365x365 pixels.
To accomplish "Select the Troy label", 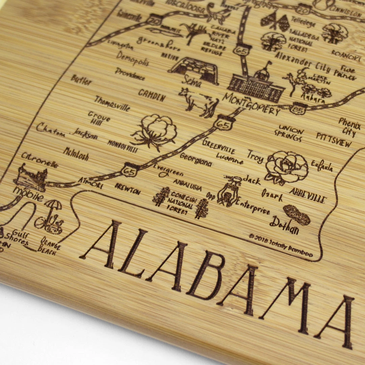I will (x=255, y=157).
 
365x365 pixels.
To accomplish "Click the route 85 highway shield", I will (x=299, y=108).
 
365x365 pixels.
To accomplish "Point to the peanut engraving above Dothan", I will (x=296, y=215).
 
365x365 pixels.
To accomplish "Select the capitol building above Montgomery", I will (x=257, y=84).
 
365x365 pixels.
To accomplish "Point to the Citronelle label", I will (x=40, y=161).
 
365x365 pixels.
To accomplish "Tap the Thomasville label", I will (x=112, y=103).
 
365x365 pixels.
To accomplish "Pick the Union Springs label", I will (x=291, y=133).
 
